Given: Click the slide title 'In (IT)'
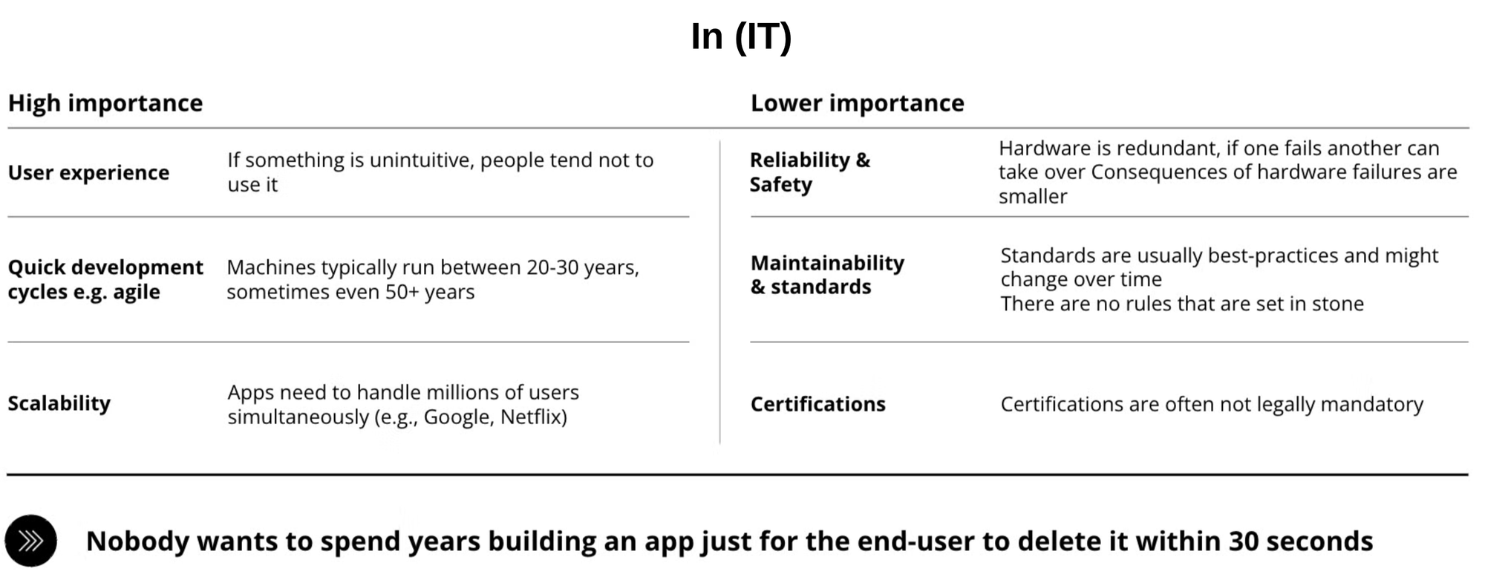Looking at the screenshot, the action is pyautogui.click(x=741, y=37).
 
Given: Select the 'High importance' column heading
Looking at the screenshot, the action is pyautogui.click(x=105, y=103).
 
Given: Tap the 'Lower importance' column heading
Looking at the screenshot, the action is pyautogui.click(x=858, y=103).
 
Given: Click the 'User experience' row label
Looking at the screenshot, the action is pyautogui.click(x=88, y=172).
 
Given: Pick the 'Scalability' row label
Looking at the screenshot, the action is pyautogui.click(x=59, y=403).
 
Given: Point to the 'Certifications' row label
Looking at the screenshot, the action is pyautogui.click(x=818, y=404).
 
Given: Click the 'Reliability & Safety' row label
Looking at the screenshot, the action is pyautogui.click(x=810, y=172).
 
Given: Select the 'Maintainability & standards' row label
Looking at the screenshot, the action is pyautogui.click(x=828, y=275).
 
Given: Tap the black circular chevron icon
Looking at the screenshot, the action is pyautogui.click(x=30, y=541).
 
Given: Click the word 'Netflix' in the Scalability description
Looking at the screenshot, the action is pyautogui.click(x=534, y=417).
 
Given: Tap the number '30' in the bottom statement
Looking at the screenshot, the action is pyautogui.click(x=1243, y=541).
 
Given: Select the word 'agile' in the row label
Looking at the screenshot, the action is pyautogui.click(x=136, y=293).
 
